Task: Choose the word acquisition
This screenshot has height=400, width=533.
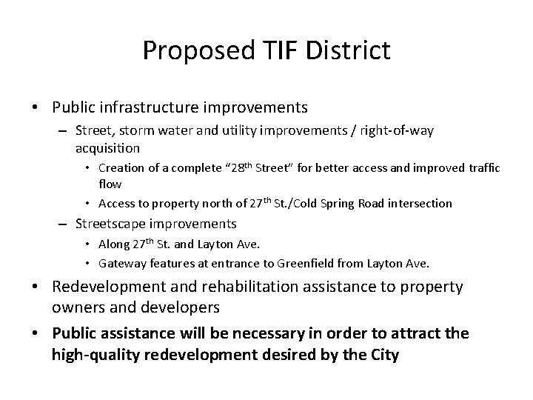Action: coord(107,147)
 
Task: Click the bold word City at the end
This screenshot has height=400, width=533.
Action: coord(383,355)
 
